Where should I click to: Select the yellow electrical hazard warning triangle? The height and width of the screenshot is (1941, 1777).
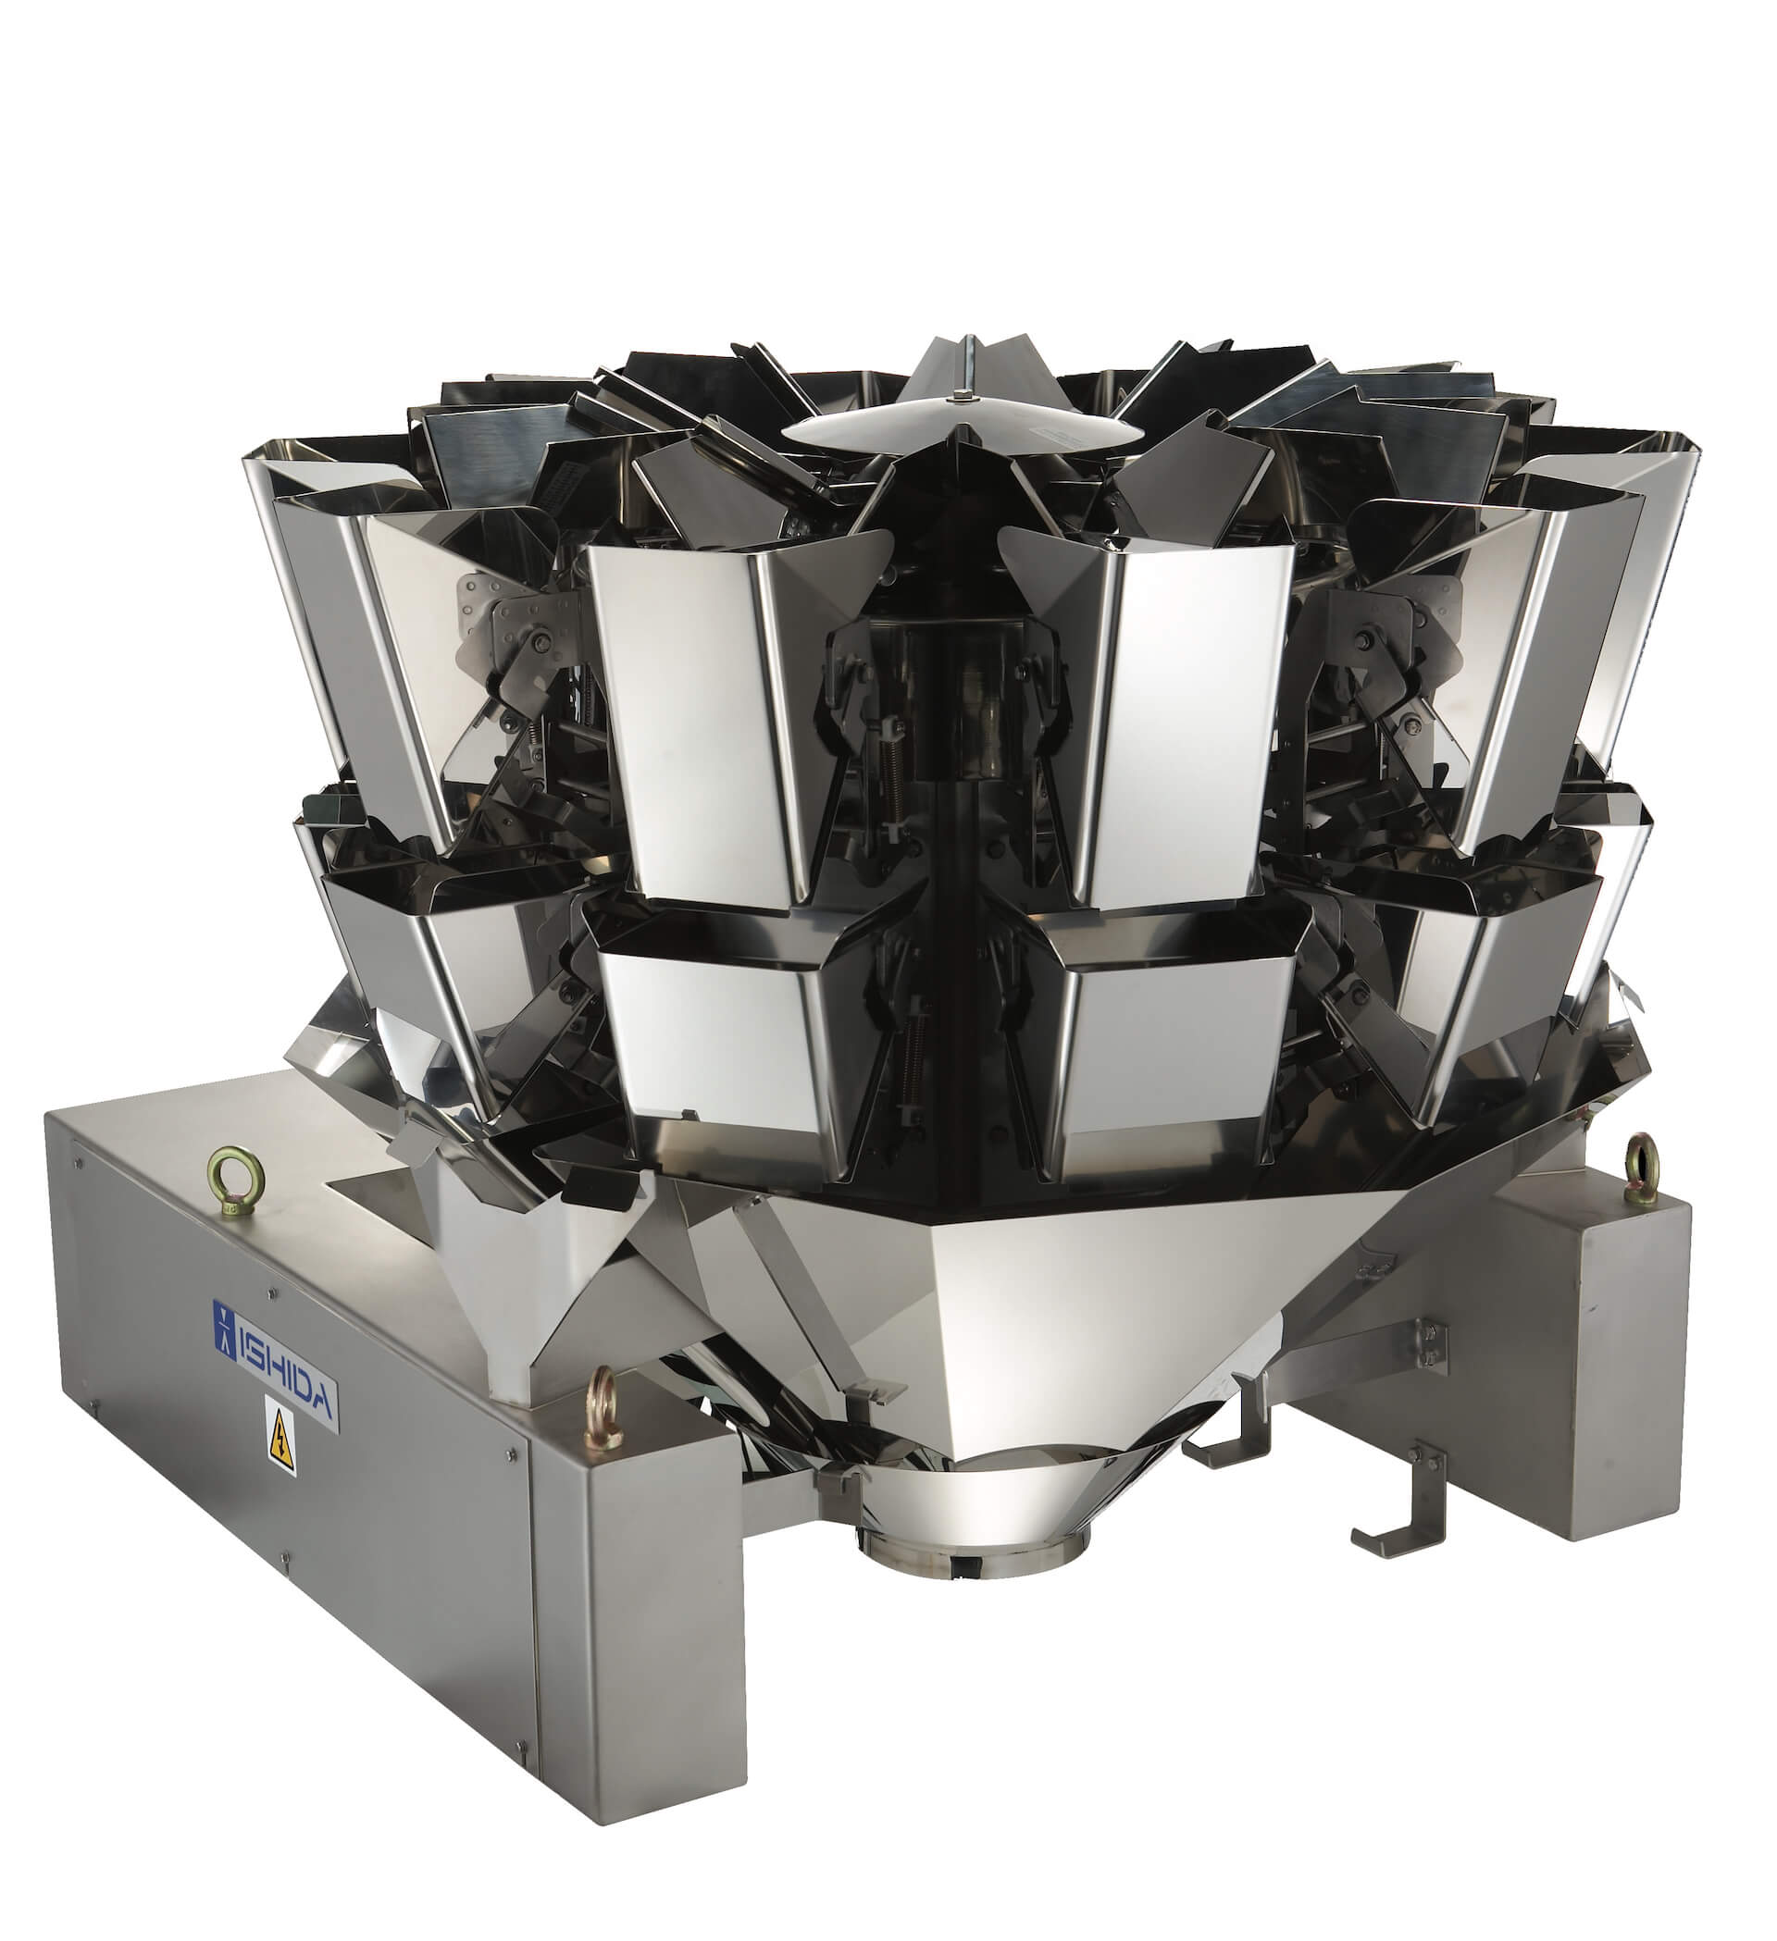click(280, 1441)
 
